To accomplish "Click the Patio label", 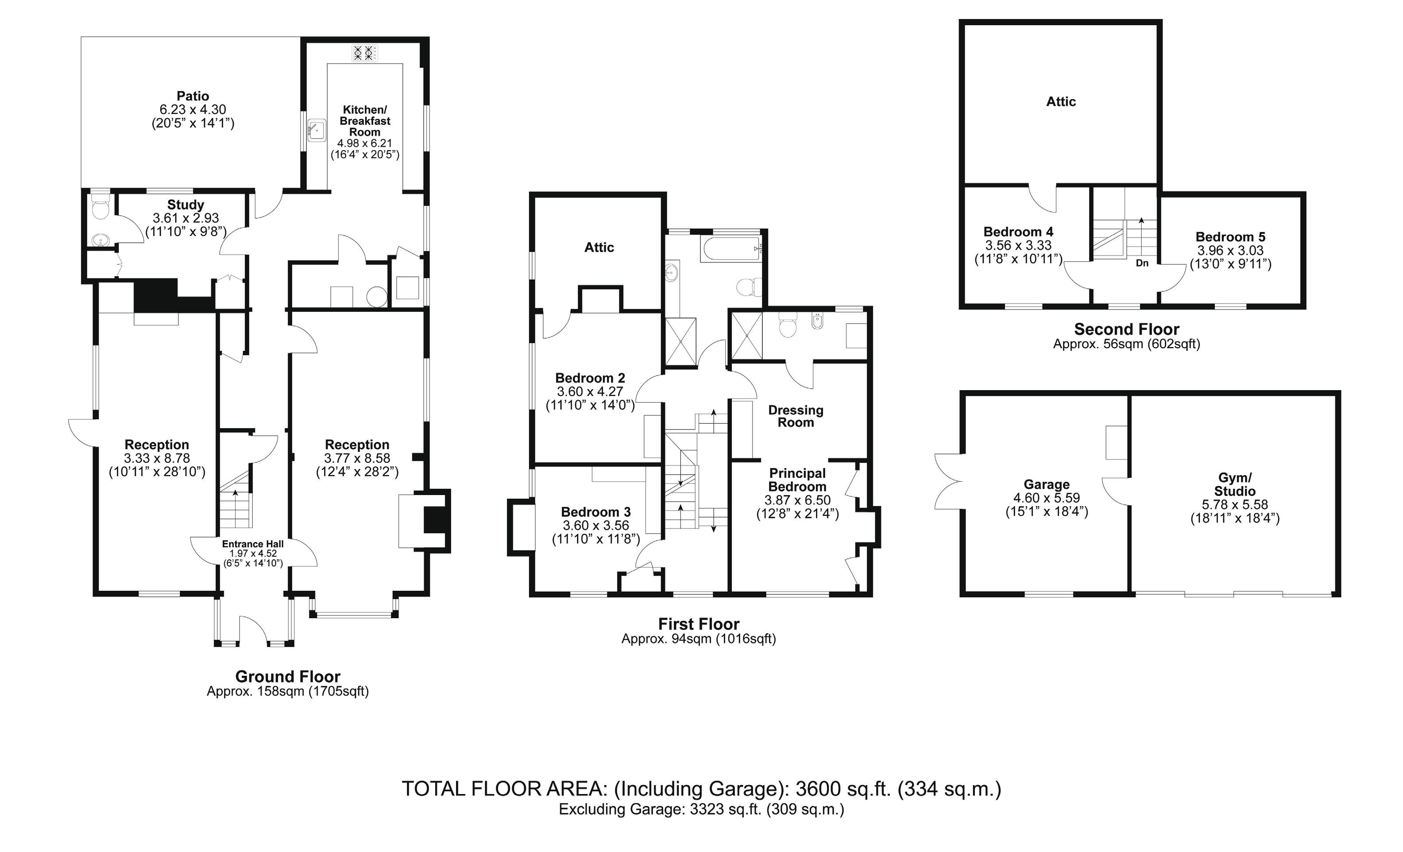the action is point(193,96).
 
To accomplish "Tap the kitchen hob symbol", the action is point(364,53).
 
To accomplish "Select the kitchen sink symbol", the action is point(316,130).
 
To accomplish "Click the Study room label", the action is point(186,205).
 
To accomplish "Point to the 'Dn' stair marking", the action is point(1142,263).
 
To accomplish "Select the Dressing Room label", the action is point(796,416).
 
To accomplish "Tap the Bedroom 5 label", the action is point(1230,237).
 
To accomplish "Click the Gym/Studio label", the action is point(1234,484).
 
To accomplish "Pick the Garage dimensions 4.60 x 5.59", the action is point(1047,498).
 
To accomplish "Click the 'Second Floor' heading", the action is point(1126,329).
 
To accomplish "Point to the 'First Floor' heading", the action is point(699,624).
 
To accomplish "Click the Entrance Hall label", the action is point(253,544).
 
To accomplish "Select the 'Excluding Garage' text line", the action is point(701,809).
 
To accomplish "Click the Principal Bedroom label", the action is point(797,480).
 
